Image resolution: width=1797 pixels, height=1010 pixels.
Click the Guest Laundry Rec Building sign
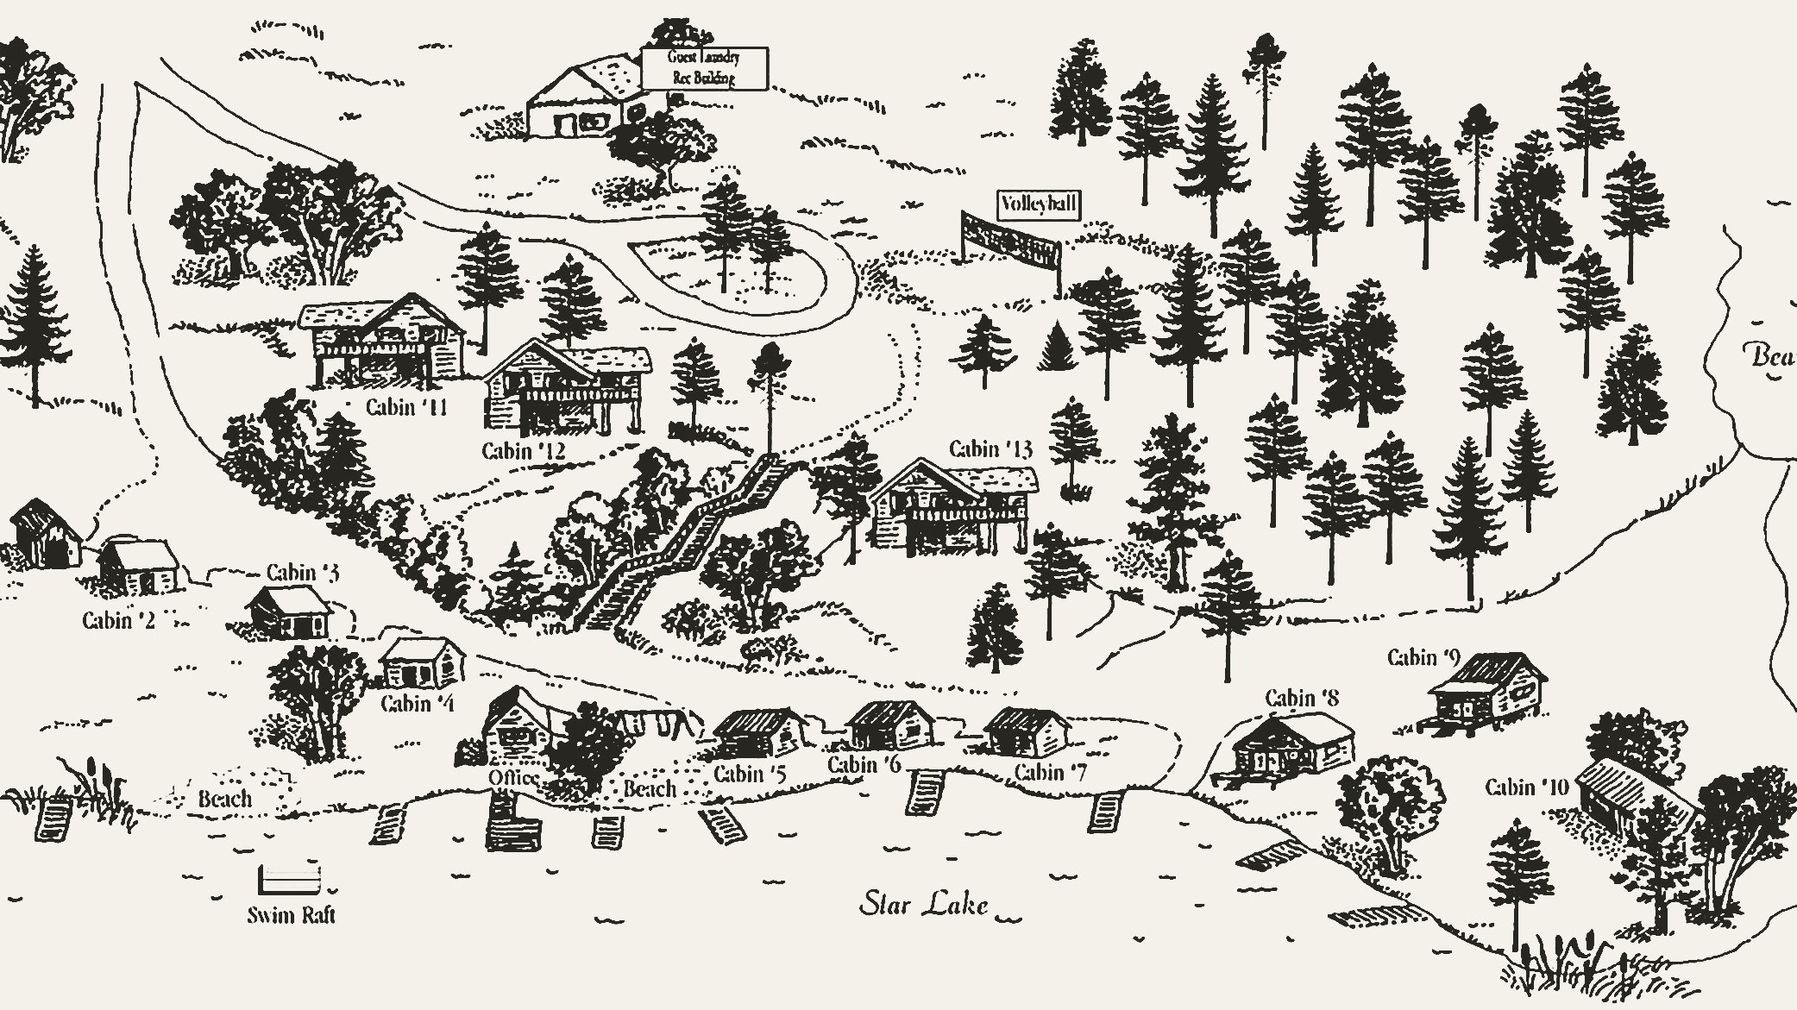[704, 68]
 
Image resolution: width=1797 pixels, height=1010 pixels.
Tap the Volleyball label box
[1038, 204]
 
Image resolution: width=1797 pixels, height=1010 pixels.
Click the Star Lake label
[924, 905]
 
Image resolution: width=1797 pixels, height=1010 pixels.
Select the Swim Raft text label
[291, 915]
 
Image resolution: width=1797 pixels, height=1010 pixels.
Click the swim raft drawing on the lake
[290, 880]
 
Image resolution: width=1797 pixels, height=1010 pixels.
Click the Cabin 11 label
[406, 406]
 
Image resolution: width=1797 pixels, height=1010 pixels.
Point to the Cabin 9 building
[1486, 691]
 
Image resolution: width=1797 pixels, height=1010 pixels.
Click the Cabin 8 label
[1302, 698]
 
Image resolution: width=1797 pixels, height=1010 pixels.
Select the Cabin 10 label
[1526, 787]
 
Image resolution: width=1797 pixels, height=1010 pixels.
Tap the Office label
[513, 778]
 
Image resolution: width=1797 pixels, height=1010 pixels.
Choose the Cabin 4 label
[417, 704]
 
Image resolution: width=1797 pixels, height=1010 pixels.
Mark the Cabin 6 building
[890, 724]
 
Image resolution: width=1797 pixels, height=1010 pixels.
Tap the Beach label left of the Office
[224, 799]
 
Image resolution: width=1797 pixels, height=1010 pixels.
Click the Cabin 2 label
[118, 620]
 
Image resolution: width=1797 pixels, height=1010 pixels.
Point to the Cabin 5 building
[760, 733]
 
